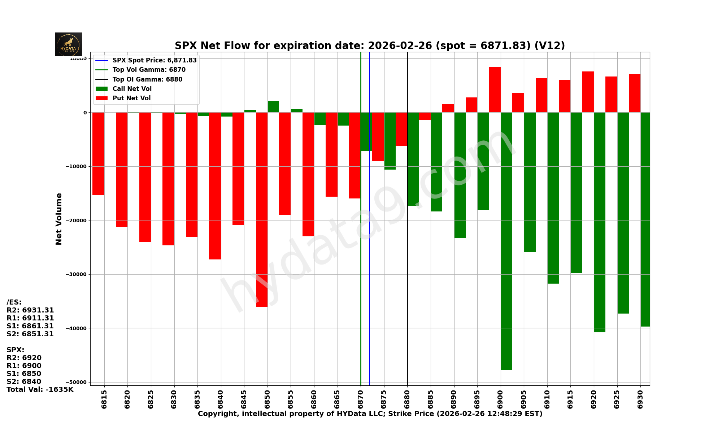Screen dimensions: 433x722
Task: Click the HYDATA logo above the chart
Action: [x=68, y=44]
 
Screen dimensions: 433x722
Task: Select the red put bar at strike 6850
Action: [x=262, y=209]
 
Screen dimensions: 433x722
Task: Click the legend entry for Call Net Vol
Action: [x=132, y=89]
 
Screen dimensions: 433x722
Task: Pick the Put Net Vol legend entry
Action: [x=131, y=98]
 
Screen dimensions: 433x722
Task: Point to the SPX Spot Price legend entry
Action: [x=154, y=60]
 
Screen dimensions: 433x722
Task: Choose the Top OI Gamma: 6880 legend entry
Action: [x=147, y=79]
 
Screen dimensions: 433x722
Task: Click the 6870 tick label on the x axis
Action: [x=361, y=399]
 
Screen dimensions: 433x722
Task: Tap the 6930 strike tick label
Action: [x=640, y=399]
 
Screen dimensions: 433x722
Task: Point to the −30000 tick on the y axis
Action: [x=76, y=274]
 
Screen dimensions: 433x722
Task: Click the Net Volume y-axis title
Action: [x=59, y=219]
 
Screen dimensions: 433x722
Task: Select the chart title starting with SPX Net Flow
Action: [x=370, y=46]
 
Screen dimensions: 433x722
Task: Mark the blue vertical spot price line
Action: [x=369, y=253]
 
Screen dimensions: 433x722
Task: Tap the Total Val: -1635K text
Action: [x=40, y=390]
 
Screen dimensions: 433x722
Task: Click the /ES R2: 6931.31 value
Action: [x=30, y=310]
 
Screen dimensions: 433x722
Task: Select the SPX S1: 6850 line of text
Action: [x=24, y=374]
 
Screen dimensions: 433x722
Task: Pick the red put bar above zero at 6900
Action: [x=495, y=90]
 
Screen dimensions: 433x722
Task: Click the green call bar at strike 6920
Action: [x=600, y=222]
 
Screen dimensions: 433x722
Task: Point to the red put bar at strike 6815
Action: [x=99, y=153]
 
